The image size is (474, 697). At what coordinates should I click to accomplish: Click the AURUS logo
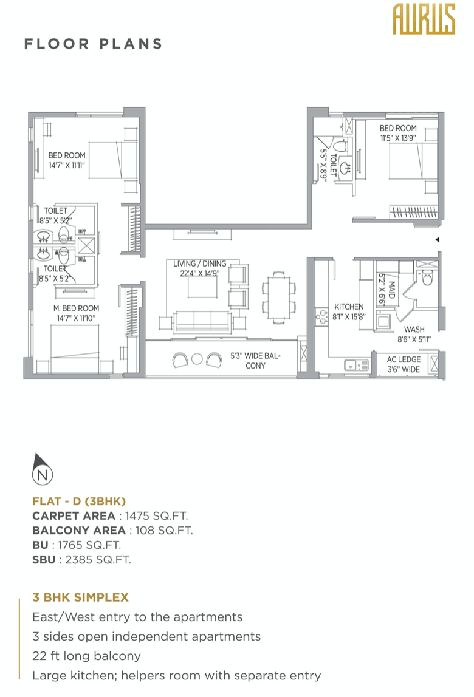[424, 19]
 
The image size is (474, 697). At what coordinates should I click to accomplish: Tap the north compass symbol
[43, 469]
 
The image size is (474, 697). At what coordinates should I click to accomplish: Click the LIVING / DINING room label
[200, 263]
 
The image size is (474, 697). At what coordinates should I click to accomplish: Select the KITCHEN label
[349, 307]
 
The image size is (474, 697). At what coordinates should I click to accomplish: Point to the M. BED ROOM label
[76, 308]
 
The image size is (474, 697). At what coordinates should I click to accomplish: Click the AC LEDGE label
[404, 359]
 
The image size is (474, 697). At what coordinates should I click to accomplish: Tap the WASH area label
[414, 330]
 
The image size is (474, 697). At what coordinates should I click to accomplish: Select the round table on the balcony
[197, 359]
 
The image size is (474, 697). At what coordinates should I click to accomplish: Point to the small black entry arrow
[438, 240]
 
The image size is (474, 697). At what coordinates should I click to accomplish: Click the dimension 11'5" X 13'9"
[398, 138]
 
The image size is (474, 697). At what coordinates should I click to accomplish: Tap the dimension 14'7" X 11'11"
[67, 165]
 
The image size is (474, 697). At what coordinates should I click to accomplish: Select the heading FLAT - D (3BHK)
[79, 501]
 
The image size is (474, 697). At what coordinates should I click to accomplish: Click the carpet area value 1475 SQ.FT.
[156, 516]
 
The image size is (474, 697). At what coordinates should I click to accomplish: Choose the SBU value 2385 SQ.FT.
[98, 560]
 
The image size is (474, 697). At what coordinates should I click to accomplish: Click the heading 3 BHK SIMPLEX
[81, 597]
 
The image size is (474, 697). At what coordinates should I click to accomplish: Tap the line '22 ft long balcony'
[86, 656]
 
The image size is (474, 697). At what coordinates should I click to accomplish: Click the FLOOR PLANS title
[94, 44]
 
